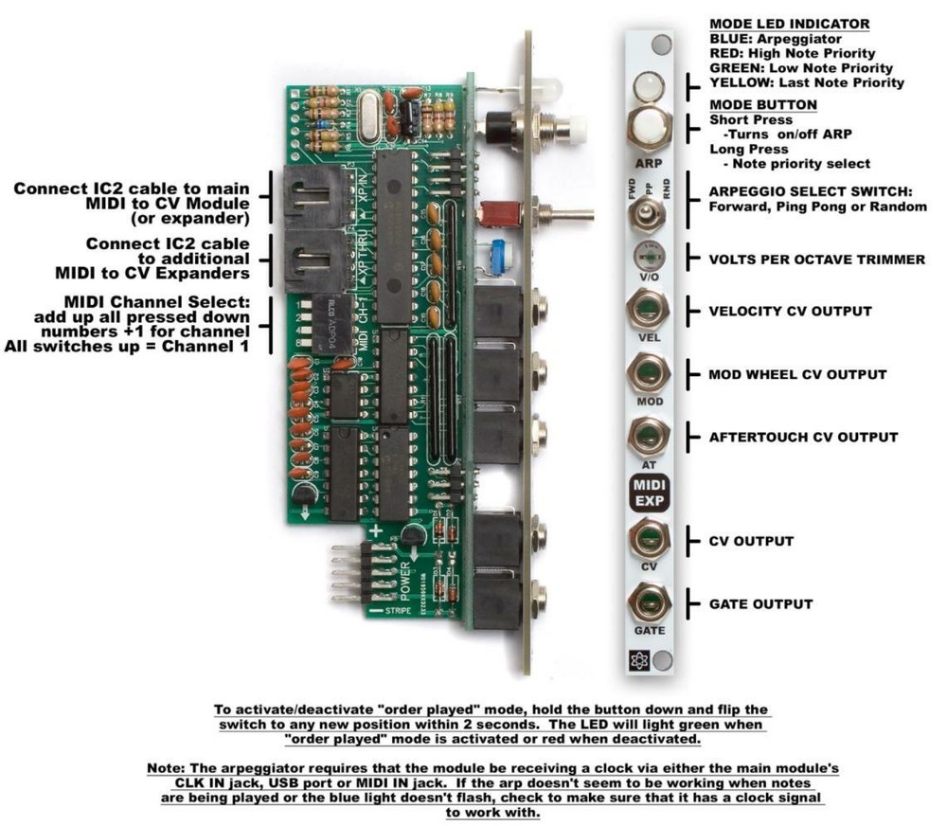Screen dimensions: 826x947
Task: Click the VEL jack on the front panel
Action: point(649,311)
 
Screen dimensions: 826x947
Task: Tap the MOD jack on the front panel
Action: point(649,372)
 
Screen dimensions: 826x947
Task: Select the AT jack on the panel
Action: point(649,435)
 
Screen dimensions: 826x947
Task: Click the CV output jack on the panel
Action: point(649,539)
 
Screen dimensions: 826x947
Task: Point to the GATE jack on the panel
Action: point(649,602)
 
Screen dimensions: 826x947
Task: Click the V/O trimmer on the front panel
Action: point(649,257)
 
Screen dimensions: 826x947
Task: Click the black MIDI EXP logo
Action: point(649,493)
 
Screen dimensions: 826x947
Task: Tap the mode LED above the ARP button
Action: point(649,87)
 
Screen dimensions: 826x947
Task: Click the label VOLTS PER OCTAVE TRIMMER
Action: point(817,259)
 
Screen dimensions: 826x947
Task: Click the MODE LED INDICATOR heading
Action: point(789,24)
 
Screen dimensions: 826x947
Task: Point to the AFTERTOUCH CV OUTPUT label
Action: point(803,437)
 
